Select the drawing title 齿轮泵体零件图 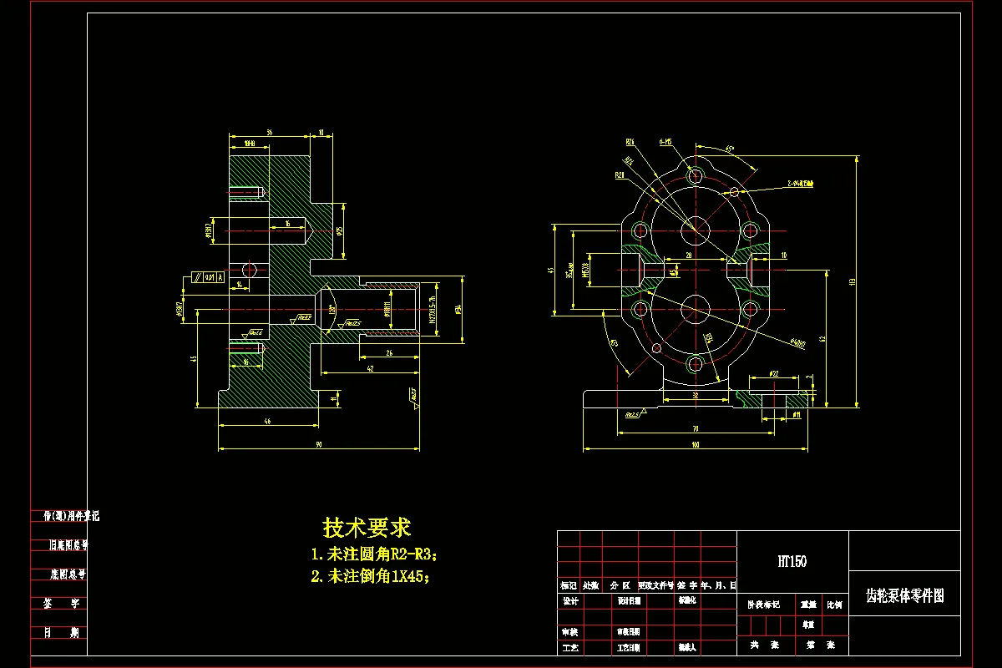904,595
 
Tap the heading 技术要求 367,528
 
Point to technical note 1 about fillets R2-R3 373,554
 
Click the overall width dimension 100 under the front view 695,445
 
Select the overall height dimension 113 851,282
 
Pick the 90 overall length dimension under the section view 319,444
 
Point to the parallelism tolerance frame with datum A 208,276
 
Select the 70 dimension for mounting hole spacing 695,428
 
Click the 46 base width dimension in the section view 267,422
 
